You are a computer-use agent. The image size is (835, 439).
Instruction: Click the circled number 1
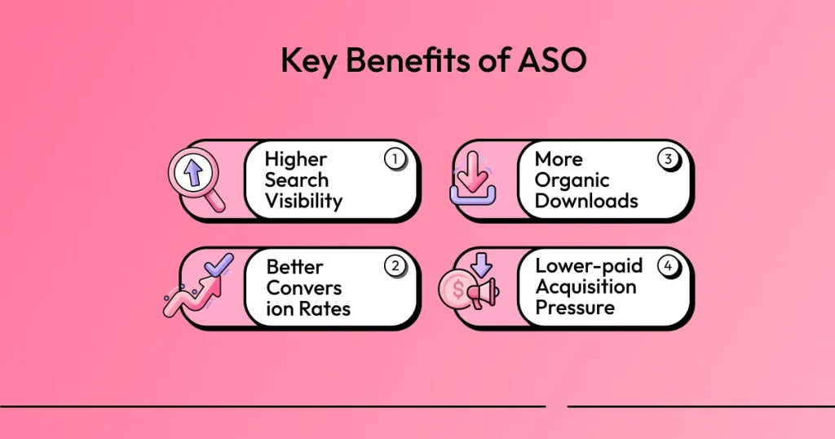tap(395, 159)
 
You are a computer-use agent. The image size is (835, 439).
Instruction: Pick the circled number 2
tap(395, 267)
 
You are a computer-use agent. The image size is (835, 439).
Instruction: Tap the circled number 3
tap(668, 159)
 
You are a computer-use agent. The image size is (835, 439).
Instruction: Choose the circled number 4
tap(668, 267)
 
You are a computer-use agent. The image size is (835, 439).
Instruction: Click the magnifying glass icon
tap(196, 180)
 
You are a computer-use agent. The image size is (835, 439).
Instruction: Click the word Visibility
tap(303, 201)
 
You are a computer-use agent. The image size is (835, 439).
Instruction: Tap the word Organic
tap(572, 180)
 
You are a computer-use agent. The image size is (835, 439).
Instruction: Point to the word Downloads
tap(586, 201)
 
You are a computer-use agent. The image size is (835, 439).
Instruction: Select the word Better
tap(294, 267)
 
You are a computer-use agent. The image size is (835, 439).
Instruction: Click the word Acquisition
tap(585, 287)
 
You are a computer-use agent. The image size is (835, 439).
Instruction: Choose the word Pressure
tap(575, 308)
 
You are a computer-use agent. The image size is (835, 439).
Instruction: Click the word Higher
tap(295, 159)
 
